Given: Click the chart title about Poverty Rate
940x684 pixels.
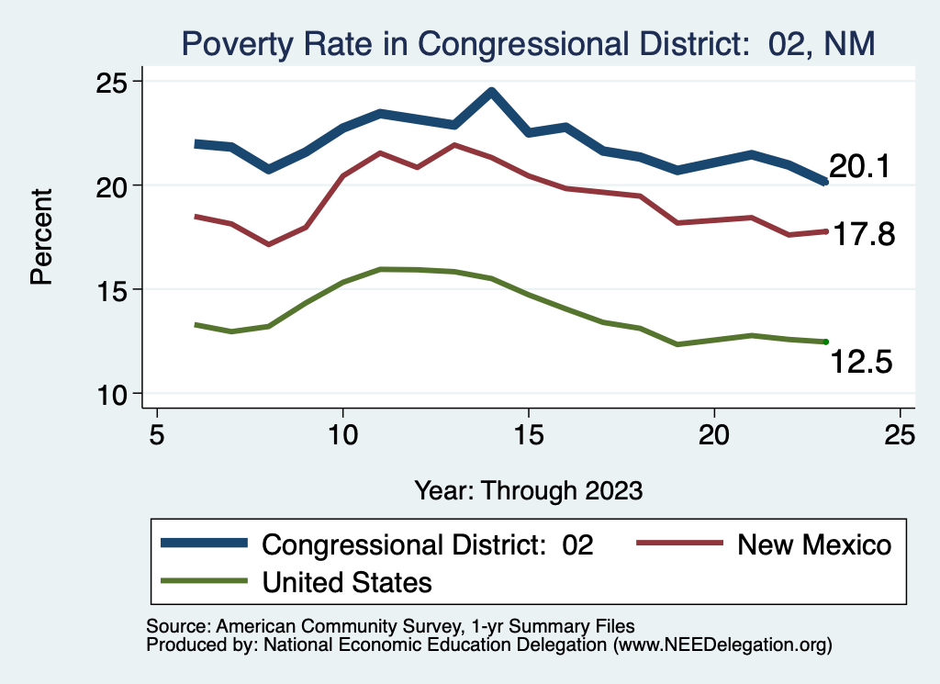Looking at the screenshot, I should coord(529,42).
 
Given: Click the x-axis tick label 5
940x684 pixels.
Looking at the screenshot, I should coord(157,432).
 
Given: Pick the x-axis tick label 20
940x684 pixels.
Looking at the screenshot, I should coord(713,432).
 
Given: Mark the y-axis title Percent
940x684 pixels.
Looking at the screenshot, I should coord(41,236).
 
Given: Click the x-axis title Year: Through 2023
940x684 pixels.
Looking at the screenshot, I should coord(528,489).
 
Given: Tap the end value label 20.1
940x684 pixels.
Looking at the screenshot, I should coord(859,167).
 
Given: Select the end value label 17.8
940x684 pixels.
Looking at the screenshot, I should coord(862,235).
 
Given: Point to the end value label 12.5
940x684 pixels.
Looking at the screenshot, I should coord(861,363).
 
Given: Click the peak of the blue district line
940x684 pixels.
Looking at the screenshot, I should coord(492,91).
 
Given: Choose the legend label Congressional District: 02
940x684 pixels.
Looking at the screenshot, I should coord(428,544).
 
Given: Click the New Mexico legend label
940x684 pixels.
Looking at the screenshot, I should coord(814,544).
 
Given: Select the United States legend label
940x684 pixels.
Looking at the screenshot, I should coord(347,581).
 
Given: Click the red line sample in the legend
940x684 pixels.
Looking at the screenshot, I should coord(678,544).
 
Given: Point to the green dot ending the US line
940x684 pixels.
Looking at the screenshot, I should coord(826,342).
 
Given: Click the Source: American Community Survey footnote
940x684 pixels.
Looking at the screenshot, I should coord(390,626).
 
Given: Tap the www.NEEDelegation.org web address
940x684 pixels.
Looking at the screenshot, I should coord(725,645).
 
